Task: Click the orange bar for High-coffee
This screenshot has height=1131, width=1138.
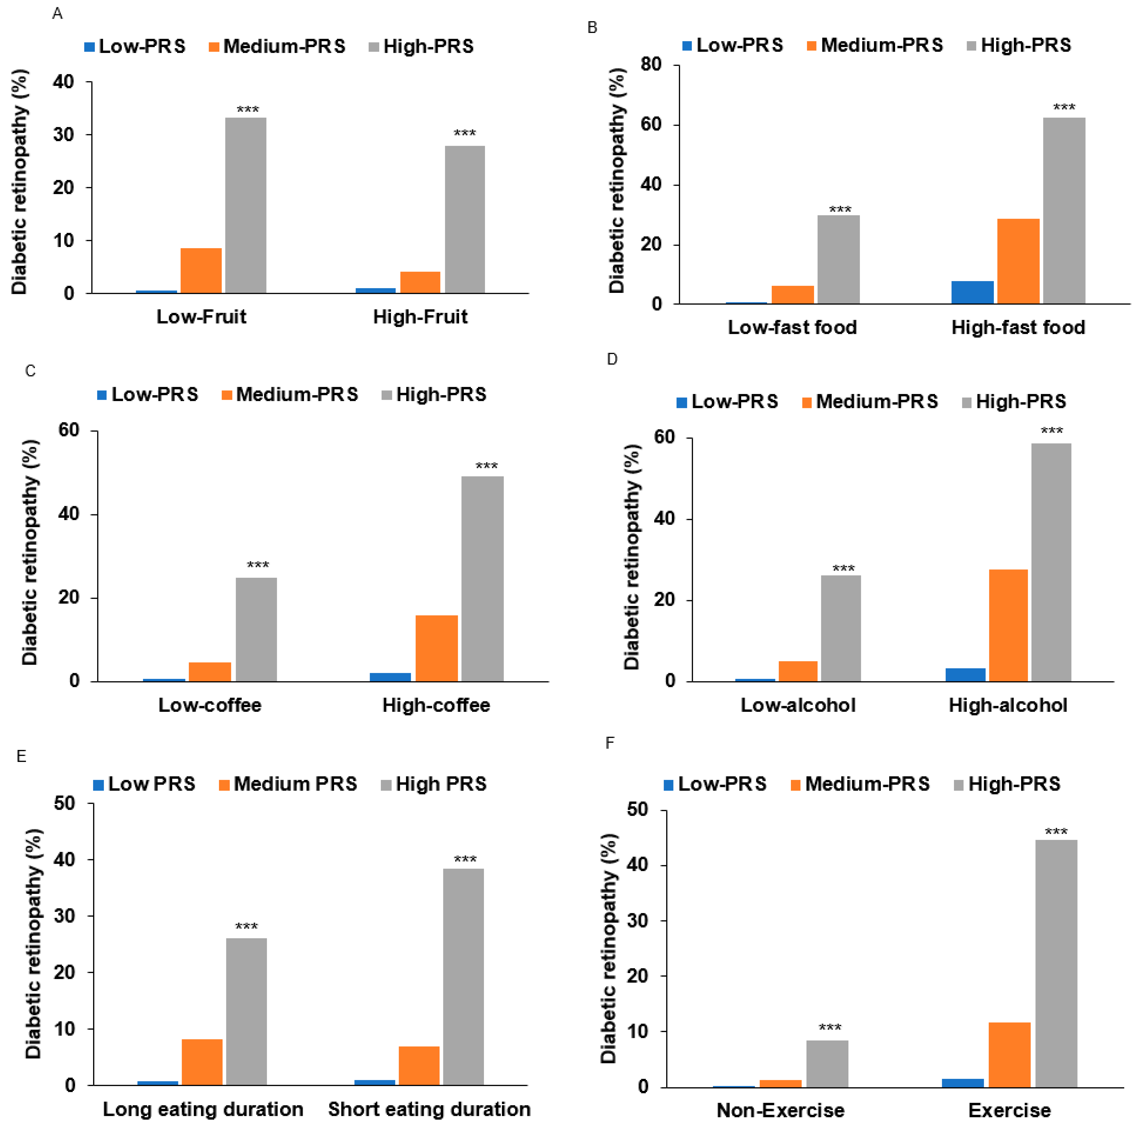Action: [437, 648]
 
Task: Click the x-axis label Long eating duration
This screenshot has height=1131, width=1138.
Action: [203, 1109]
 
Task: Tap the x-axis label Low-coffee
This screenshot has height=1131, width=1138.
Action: [210, 705]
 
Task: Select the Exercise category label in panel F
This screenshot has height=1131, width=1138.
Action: [1009, 1110]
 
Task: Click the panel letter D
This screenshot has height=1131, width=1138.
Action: [612, 360]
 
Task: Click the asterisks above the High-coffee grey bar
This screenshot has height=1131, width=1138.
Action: [487, 466]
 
